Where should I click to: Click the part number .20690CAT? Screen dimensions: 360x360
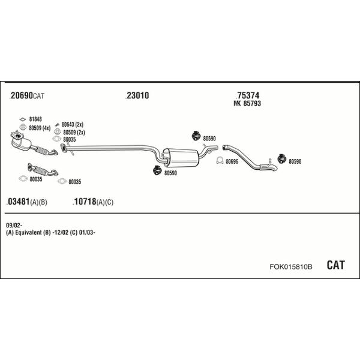point(28,96)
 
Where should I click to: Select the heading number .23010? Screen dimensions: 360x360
point(137,96)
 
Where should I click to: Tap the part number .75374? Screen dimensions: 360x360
point(248,95)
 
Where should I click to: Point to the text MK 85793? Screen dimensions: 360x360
point(247,104)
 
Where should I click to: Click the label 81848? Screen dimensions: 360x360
point(35,119)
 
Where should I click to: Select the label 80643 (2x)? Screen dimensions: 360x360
point(72,124)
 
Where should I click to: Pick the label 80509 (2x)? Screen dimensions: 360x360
point(74,132)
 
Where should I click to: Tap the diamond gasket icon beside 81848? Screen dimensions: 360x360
point(22,119)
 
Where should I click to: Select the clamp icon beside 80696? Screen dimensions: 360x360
point(219,161)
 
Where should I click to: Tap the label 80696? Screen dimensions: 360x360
point(232,161)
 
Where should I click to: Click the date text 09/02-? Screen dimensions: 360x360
point(13,225)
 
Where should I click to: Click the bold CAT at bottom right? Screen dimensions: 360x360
point(335,265)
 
